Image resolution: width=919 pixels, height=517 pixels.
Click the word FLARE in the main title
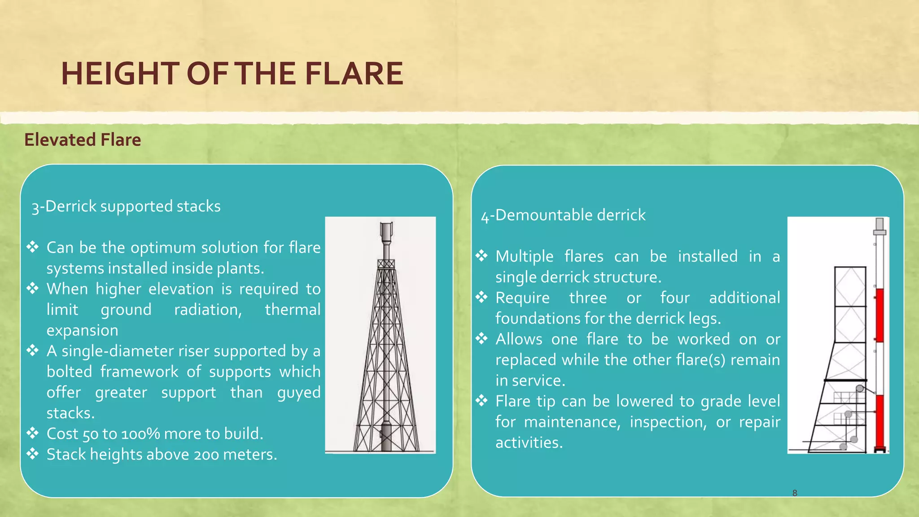[x=354, y=74]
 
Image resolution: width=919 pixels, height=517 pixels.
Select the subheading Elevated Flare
[x=83, y=140]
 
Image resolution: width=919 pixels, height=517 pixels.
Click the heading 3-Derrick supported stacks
[x=126, y=206]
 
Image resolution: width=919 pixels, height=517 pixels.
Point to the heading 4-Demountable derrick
[x=563, y=215]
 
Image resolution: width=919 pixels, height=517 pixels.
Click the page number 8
[x=795, y=493]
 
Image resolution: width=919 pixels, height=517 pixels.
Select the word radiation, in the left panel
[x=208, y=310]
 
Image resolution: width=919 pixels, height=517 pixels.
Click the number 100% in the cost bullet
[x=140, y=434]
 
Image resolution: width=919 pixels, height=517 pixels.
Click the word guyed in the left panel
[x=299, y=393]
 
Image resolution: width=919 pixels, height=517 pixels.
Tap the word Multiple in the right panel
[x=525, y=257]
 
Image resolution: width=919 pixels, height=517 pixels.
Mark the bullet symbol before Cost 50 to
[x=32, y=433]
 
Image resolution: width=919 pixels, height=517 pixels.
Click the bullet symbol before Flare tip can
[x=481, y=400]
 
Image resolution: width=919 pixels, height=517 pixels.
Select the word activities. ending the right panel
[x=529, y=443]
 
